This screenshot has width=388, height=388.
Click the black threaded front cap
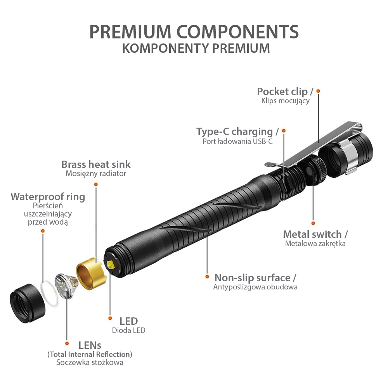[27, 303]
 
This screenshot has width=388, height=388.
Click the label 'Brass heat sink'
[96, 164]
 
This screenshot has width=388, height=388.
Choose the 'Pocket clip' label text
[282, 92]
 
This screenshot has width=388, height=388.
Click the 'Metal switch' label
[312, 234]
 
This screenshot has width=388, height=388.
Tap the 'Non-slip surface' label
[253, 278]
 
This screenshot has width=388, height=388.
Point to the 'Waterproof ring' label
[48, 197]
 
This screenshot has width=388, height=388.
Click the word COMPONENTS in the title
[237, 32]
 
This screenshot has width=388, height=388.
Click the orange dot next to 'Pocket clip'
[318, 91]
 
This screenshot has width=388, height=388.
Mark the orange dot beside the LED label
[110, 318]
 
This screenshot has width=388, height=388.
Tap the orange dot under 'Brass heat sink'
[96, 184]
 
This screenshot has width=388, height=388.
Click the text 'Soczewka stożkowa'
[90, 362]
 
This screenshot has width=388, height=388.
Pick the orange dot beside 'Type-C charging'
[284, 131]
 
